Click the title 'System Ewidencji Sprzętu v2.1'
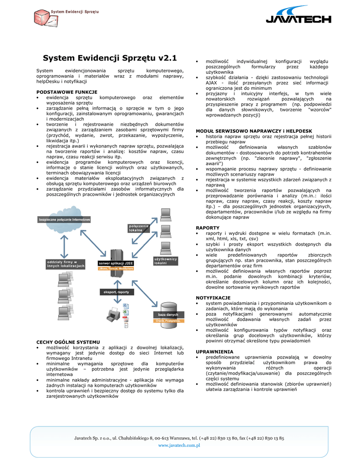(110, 58)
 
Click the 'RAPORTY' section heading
(208, 228)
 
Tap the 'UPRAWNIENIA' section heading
(214, 352)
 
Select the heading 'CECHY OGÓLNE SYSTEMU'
(68, 342)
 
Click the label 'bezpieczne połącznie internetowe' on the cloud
(65, 220)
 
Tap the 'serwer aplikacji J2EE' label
(117, 263)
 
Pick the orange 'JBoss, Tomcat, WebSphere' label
(117, 268)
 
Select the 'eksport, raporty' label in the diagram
(117, 292)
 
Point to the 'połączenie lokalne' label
(139, 228)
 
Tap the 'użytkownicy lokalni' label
(165, 261)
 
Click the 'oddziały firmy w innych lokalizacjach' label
(66, 264)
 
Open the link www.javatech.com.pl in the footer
(179, 446)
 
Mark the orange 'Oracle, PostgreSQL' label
(168, 321)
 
